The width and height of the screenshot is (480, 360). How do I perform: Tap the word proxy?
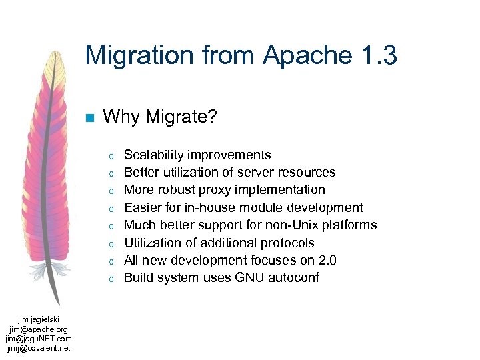pos(217,190)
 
